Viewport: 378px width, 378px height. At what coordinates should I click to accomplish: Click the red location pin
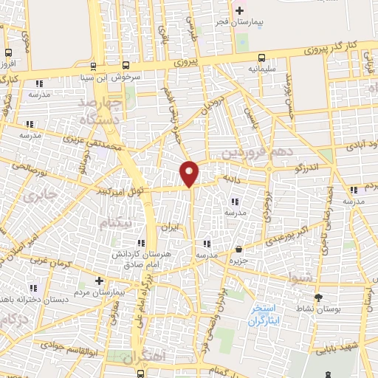point(190,173)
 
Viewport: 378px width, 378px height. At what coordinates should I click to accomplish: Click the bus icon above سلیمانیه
point(262,58)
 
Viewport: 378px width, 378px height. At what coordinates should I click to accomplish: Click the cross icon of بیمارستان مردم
point(99,281)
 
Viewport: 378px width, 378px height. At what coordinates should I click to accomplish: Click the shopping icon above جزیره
point(238,250)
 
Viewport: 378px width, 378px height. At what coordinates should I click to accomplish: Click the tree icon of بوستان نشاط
point(318,298)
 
